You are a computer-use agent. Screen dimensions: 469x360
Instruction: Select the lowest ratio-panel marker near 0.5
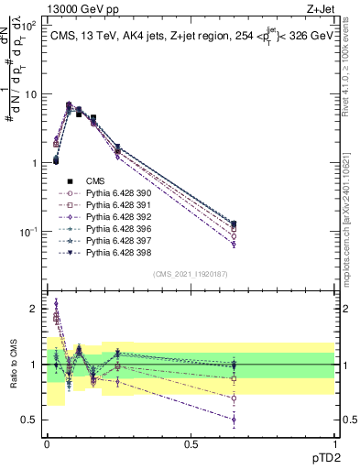pyautogui.click(x=234, y=420)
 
